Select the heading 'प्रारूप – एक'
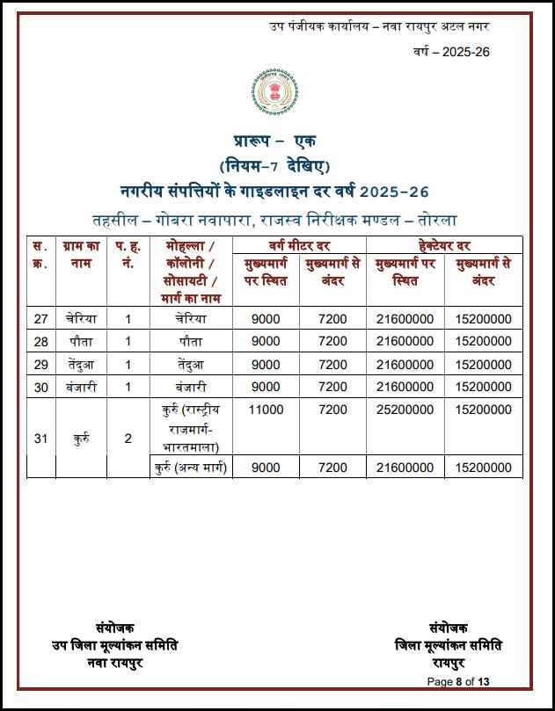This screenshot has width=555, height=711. pos(274,141)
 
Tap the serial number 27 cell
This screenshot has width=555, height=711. pos(40,319)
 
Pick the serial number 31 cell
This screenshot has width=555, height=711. pos(40,438)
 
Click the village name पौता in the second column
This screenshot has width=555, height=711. pos(81,341)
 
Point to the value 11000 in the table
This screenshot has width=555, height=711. pos(266,410)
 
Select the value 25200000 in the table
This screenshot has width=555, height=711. pos(404,410)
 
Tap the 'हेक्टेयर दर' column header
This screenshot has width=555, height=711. pos(443,244)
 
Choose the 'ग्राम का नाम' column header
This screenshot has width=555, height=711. pos(81,255)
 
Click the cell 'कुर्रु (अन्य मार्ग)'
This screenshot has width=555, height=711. pos(191,467)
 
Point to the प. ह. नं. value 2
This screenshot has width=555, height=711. pos(128,438)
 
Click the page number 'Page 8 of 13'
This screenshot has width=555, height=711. pos(457,681)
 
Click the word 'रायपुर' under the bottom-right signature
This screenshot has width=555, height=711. pos(449,661)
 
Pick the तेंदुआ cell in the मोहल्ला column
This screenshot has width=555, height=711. pos(191,364)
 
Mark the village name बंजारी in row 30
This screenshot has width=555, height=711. pos(81,387)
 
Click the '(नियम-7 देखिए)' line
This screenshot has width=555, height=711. pos(274,166)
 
